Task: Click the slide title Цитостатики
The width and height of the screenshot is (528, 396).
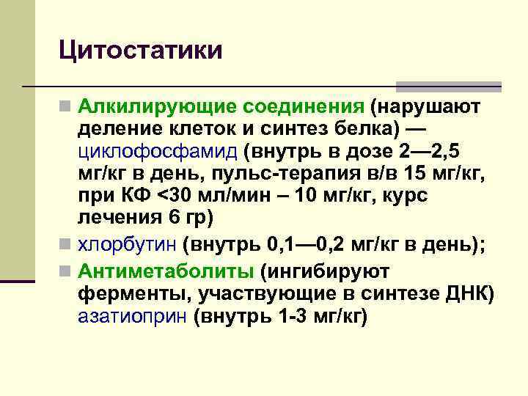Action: point(140,51)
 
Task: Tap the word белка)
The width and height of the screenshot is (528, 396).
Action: point(364,130)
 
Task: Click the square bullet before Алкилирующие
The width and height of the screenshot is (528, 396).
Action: point(66,108)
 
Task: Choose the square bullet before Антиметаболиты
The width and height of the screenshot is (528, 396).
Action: point(66,272)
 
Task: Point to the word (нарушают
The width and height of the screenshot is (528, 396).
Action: point(425,107)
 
